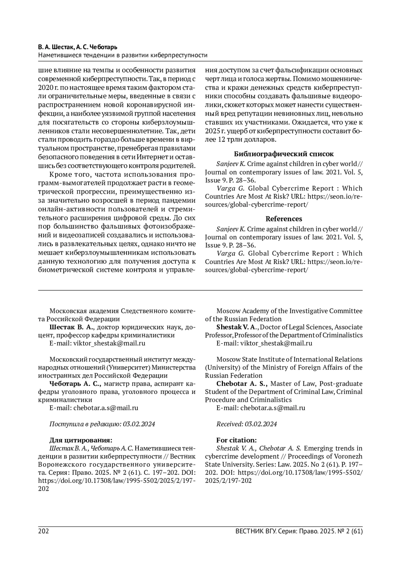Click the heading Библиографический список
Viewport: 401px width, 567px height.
click(x=284, y=154)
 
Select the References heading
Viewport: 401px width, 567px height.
click(x=284, y=219)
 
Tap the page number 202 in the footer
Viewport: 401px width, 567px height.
click(x=44, y=531)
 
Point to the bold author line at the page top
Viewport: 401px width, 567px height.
click(x=78, y=47)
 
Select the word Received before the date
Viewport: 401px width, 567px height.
click(x=230, y=424)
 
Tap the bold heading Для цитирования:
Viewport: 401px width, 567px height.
click(x=81, y=440)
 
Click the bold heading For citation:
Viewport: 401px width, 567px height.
click(x=237, y=440)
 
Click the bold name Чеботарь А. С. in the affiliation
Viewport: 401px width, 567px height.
click(x=75, y=384)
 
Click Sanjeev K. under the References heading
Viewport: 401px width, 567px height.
click(x=231, y=229)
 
